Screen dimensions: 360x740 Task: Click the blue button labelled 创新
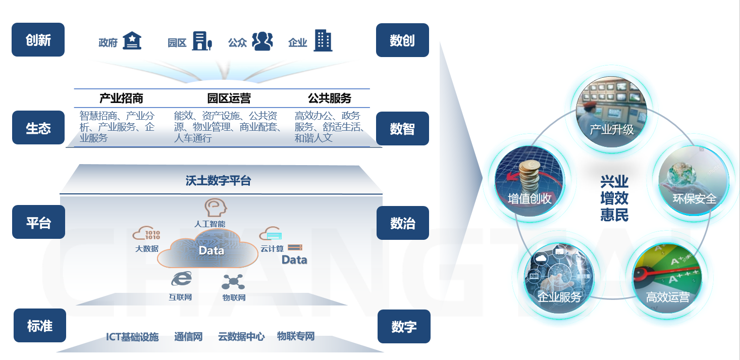click(x=38, y=40)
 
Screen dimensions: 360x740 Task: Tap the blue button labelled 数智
click(x=402, y=129)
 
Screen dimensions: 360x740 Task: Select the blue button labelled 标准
click(x=39, y=326)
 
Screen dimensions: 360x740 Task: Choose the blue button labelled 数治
click(x=402, y=223)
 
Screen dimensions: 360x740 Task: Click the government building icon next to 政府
click(x=132, y=41)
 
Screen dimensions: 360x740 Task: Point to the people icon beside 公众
click(x=262, y=41)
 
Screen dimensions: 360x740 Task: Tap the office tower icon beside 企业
click(x=323, y=40)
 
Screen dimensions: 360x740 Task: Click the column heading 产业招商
click(x=121, y=98)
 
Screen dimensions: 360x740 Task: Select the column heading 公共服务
click(x=330, y=98)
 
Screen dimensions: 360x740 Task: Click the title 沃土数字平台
click(x=218, y=181)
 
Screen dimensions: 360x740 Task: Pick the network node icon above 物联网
click(x=233, y=282)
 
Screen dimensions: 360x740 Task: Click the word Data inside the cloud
click(x=211, y=250)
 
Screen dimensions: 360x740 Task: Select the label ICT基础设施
click(x=132, y=337)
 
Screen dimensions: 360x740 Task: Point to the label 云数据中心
click(x=241, y=337)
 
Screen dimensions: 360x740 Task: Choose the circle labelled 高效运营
click(x=667, y=278)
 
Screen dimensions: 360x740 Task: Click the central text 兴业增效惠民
click(x=614, y=198)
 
